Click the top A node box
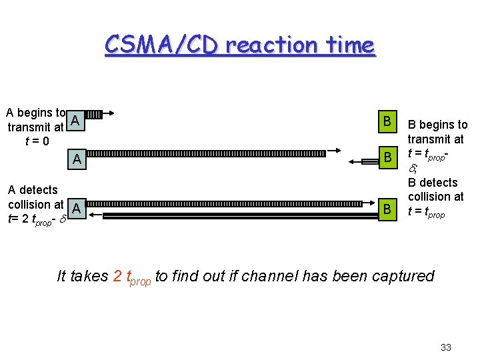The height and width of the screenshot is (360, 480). point(76,120)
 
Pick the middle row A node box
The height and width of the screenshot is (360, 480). point(77,160)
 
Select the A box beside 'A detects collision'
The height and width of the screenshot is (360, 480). point(77,209)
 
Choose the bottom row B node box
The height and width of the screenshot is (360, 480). point(385,209)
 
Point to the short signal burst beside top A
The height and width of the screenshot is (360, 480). point(94,115)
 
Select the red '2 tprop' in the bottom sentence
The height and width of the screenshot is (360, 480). point(132,277)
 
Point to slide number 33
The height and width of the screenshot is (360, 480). point(446,347)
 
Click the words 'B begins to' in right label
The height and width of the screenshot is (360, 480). point(437,125)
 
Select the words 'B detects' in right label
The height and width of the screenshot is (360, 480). point(433,183)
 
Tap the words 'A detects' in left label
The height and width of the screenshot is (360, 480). point(33,191)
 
